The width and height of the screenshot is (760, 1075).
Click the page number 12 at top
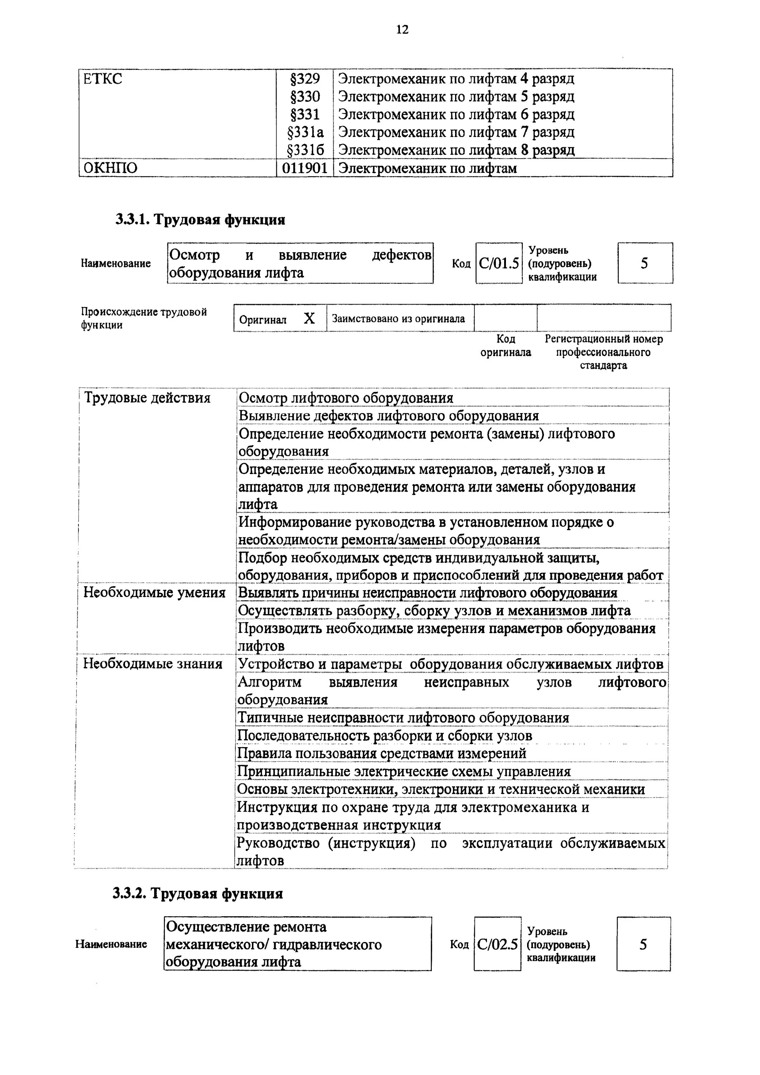(x=402, y=29)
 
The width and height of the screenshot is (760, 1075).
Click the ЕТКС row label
(x=102, y=79)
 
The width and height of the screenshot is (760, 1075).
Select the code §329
(x=305, y=79)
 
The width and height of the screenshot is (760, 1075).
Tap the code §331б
(x=305, y=150)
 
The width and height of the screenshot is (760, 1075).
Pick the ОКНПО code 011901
(x=305, y=168)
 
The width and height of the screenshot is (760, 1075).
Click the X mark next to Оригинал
(x=309, y=319)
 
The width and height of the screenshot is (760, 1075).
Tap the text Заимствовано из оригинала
(x=398, y=319)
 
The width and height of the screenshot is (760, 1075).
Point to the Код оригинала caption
(x=506, y=345)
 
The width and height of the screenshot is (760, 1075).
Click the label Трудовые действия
(x=147, y=398)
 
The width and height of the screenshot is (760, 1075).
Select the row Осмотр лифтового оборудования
(x=346, y=398)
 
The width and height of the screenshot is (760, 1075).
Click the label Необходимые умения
(x=154, y=593)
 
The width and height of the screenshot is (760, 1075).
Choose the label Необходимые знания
(x=153, y=664)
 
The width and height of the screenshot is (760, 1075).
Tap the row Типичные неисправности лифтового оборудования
(x=403, y=718)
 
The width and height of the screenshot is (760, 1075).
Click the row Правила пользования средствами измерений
(x=382, y=753)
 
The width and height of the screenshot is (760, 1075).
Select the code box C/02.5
(x=497, y=944)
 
